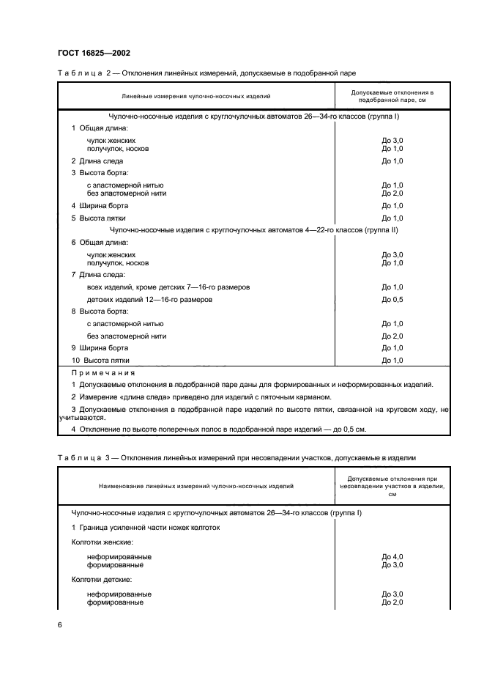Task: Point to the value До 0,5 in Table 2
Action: [x=392, y=300]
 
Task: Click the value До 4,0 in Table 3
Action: [x=392, y=557]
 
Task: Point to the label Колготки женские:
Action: [x=102, y=542]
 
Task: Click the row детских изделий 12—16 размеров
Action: [x=149, y=300]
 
